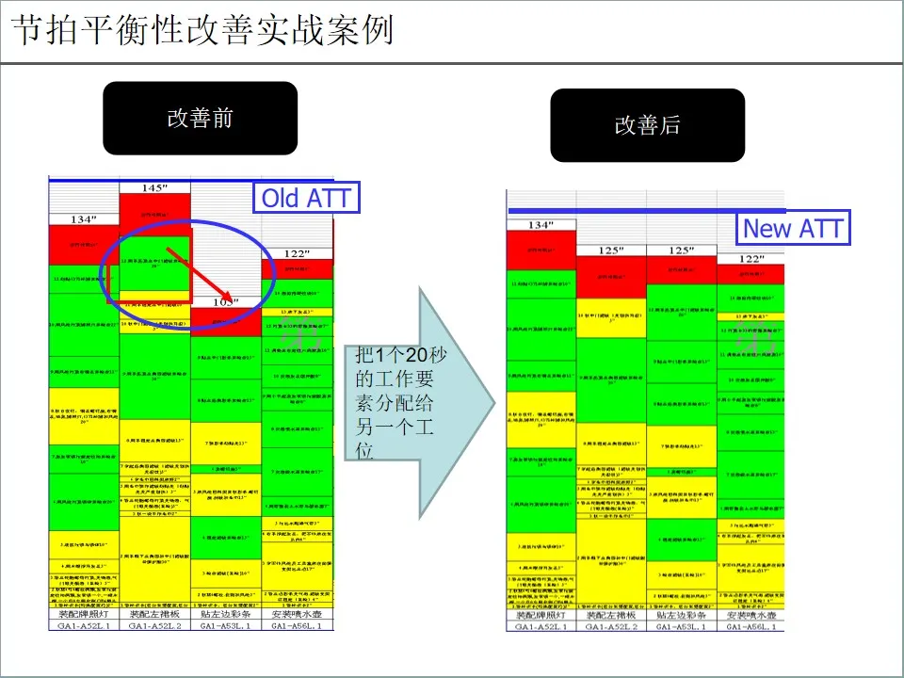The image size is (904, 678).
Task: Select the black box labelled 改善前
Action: (x=200, y=119)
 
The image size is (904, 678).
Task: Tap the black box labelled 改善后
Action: (x=648, y=125)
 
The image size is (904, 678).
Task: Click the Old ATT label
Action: (x=305, y=199)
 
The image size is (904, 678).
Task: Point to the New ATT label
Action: (x=793, y=228)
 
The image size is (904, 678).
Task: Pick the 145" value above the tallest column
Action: (x=154, y=188)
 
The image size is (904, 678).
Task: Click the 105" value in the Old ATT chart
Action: (x=225, y=302)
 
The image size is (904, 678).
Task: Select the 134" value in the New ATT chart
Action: (x=541, y=226)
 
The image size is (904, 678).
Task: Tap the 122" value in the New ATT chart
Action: (x=751, y=258)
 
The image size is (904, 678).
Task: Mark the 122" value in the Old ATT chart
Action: (x=297, y=254)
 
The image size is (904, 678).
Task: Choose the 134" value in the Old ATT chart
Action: (x=84, y=219)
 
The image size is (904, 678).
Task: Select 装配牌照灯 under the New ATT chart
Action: (x=541, y=614)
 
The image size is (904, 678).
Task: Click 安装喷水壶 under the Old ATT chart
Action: (x=297, y=613)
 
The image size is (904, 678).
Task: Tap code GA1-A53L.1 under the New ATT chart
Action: (x=681, y=626)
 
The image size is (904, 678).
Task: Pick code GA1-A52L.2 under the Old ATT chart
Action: (x=154, y=625)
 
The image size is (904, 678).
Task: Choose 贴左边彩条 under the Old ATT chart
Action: (x=225, y=613)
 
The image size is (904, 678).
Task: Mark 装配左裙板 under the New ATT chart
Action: (x=611, y=614)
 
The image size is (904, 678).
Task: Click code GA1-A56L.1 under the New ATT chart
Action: (x=751, y=626)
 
